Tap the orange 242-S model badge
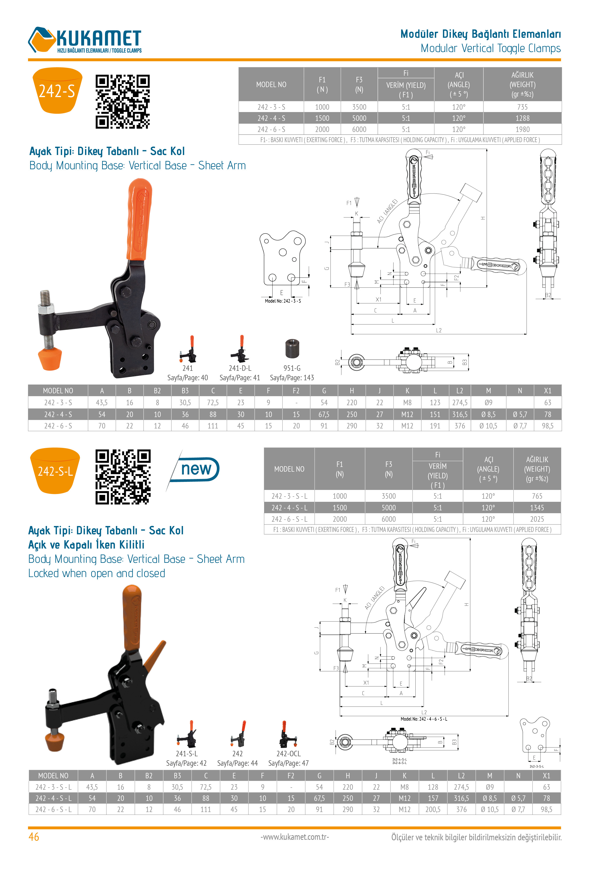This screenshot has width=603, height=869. [57, 91]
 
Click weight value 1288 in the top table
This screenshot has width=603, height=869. [522, 118]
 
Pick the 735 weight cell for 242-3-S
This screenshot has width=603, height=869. [522, 107]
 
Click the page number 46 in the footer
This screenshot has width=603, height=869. [34, 837]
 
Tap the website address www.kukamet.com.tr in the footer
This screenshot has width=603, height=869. [295, 837]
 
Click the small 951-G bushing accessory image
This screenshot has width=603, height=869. [292, 348]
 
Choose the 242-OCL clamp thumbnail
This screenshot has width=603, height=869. [287, 735]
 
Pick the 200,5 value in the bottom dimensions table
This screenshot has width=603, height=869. [433, 809]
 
